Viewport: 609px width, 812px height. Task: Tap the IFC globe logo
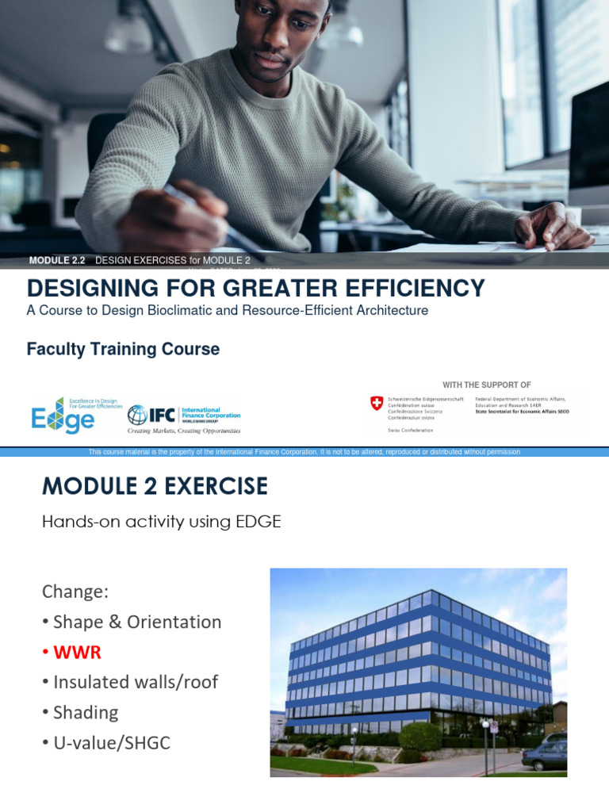[x=137, y=415]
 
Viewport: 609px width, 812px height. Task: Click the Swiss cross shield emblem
[x=377, y=404]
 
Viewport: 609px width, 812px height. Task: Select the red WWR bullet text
[x=77, y=652]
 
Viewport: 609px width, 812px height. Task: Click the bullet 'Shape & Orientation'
[x=136, y=622]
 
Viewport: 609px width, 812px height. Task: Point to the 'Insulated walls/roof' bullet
[x=135, y=682]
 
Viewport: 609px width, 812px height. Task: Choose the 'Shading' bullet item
[x=85, y=712]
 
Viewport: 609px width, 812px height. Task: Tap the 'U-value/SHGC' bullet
[x=111, y=743]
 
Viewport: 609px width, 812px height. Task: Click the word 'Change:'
[x=75, y=592]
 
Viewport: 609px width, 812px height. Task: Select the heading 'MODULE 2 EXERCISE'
[x=155, y=486]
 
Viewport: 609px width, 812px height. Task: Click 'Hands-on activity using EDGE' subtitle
[x=162, y=521]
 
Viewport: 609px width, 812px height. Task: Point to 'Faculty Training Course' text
[x=123, y=349]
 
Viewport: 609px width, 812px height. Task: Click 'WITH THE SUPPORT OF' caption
[x=487, y=385]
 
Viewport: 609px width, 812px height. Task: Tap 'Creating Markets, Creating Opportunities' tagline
[x=184, y=431]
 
